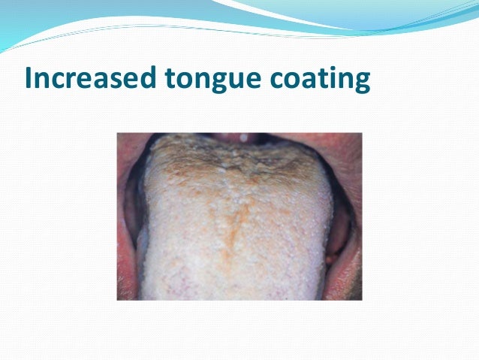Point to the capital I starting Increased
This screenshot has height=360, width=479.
click(29, 79)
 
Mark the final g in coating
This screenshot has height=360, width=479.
click(362, 83)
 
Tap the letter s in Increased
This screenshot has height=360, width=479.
click(116, 81)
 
